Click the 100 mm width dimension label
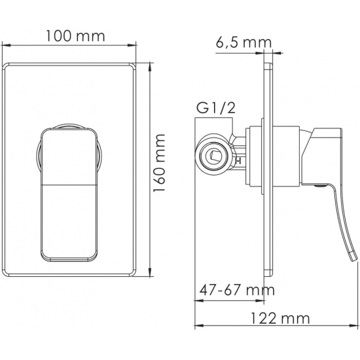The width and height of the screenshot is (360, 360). coord(75,36)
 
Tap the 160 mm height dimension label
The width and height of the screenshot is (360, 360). coord(159,163)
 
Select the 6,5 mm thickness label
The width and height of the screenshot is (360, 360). coord(243,43)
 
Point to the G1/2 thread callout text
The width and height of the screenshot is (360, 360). coord(216,108)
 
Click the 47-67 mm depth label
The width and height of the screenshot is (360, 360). coord(237,290)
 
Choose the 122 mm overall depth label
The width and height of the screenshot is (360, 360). coord(279,319)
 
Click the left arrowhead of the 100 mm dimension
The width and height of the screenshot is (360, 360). coord(6,45)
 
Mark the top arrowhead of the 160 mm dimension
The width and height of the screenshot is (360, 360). coord(150,67)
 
